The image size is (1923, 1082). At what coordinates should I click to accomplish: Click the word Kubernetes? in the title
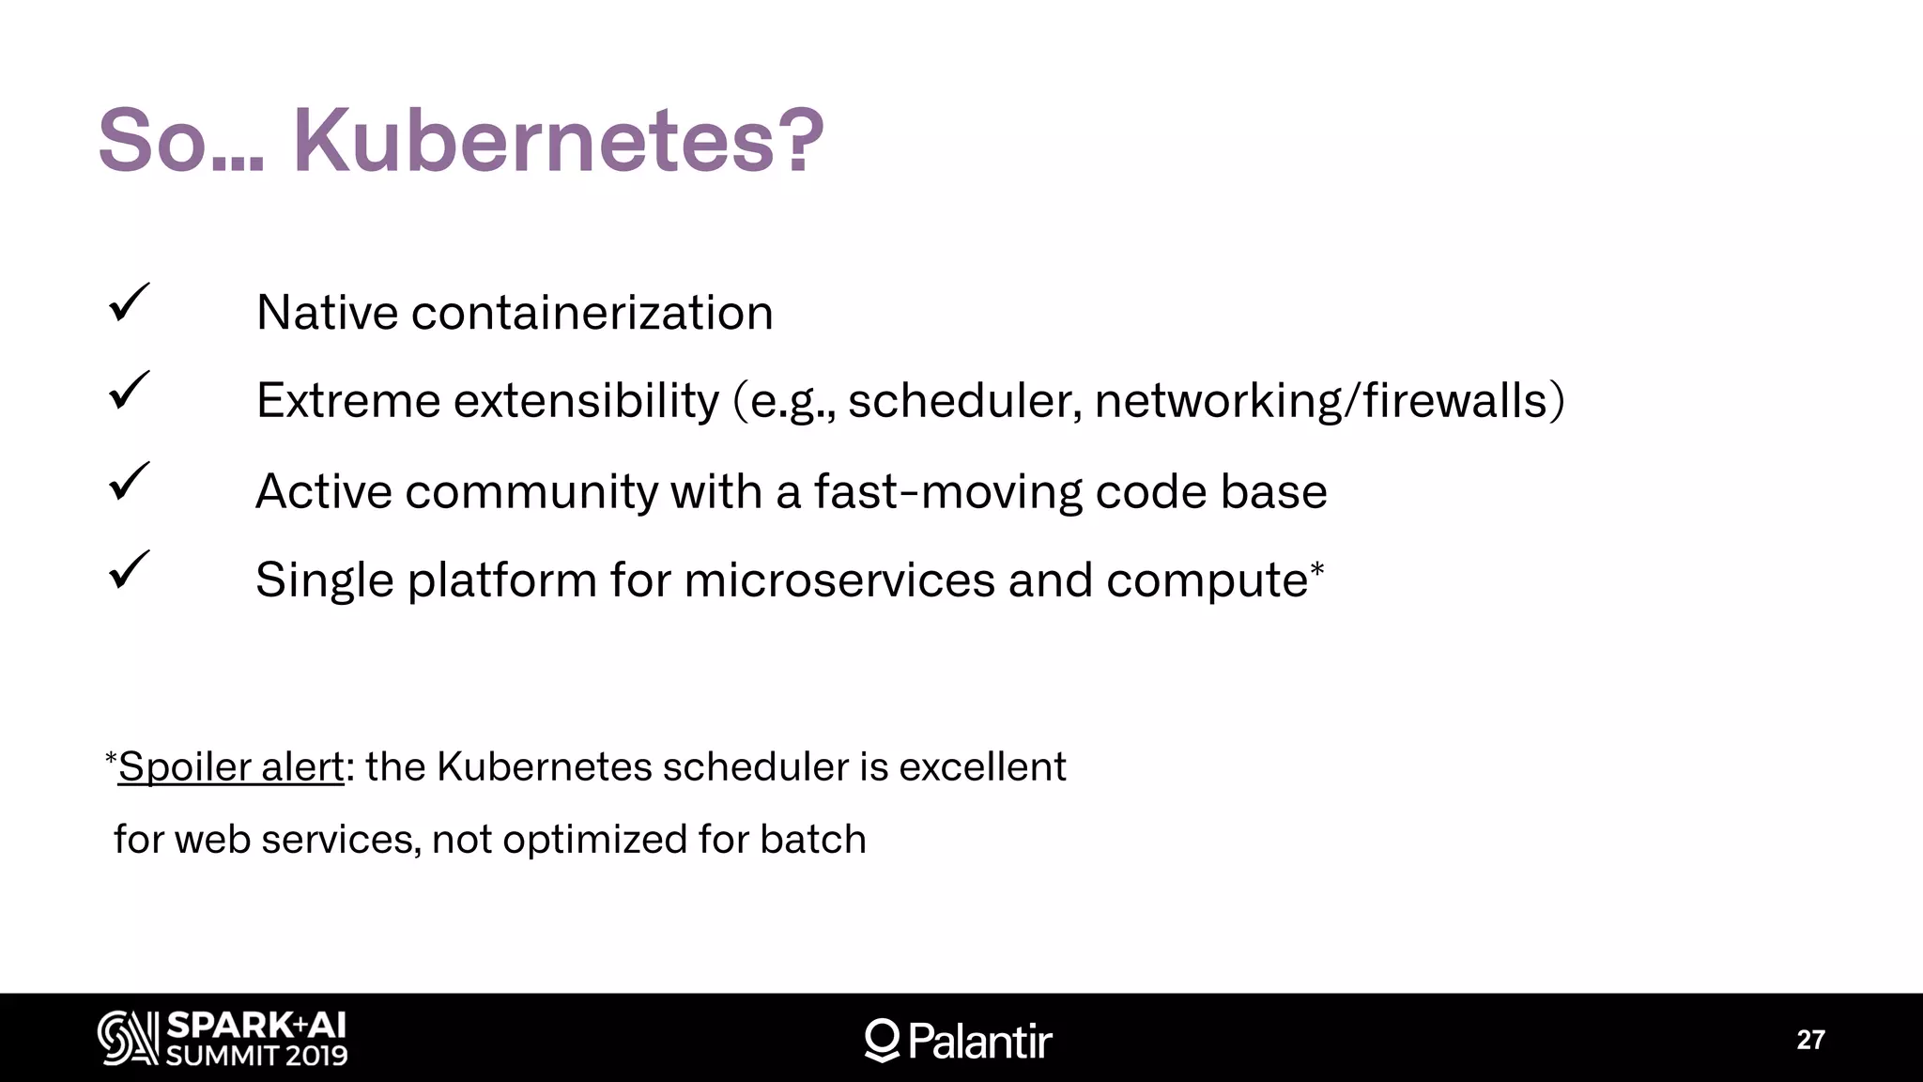[x=558, y=141]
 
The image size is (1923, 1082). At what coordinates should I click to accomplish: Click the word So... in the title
[x=181, y=141]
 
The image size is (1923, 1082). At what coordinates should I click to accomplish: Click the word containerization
[x=592, y=312]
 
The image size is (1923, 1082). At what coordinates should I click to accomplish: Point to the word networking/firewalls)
[x=1330, y=401]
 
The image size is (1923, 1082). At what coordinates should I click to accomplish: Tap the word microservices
[x=838, y=580]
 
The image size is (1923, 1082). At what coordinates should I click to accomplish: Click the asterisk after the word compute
[x=1316, y=568]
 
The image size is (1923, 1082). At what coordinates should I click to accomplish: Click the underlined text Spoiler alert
[x=230, y=766]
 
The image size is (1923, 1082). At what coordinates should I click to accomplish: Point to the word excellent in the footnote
[x=982, y=766]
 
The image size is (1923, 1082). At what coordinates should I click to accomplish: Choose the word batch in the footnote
[x=813, y=839]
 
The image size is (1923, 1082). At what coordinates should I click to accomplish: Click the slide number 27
[x=1810, y=1040]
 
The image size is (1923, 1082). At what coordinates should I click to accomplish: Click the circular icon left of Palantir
[x=882, y=1040]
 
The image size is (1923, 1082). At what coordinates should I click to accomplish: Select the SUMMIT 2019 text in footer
[x=256, y=1056]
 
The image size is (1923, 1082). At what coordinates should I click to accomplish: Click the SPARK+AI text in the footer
[x=256, y=1025]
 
